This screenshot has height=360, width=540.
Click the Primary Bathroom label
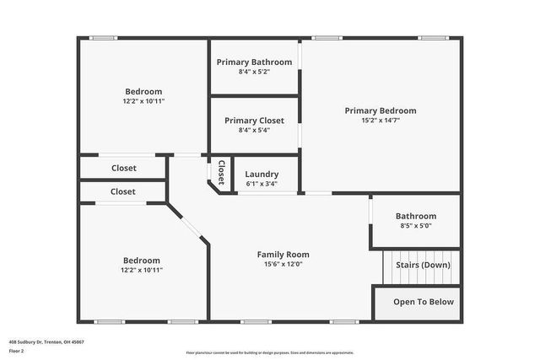(254, 62)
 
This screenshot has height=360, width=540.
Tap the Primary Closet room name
(254, 121)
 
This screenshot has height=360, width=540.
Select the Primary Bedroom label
(381, 110)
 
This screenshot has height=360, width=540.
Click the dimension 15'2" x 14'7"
(381, 121)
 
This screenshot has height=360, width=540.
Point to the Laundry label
(262, 175)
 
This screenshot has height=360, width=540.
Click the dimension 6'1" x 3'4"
(262, 185)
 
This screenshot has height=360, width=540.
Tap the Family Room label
(283, 254)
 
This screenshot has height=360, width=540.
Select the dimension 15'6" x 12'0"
(283, 264)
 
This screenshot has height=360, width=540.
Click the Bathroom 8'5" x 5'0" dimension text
(416, 226)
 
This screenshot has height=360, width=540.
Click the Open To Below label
(424, 302)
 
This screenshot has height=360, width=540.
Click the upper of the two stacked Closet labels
(123, 168)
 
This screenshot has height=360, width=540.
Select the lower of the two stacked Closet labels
(123, 191)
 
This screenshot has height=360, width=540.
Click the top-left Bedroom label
(143, 91)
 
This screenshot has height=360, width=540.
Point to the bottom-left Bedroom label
(142, 261)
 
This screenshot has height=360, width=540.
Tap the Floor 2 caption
(17, 352)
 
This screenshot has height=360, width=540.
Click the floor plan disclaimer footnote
(270, 352)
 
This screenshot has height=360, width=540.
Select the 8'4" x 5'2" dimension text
(254, 72)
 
